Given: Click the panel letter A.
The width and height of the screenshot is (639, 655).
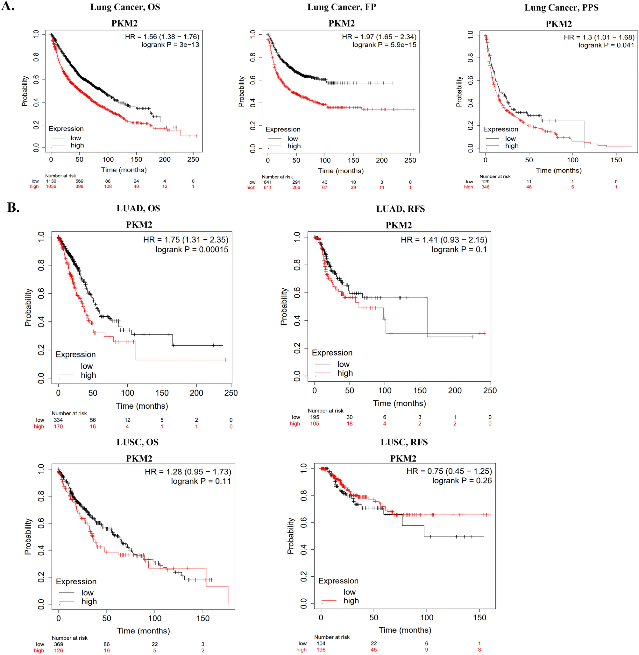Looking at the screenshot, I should (x=7, y=6).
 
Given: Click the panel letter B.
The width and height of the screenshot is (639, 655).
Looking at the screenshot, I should (x=13, y=208).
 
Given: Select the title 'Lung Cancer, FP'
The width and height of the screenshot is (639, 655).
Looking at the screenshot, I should (x=341, y=7).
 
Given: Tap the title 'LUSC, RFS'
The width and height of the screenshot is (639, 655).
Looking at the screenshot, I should (x=404, y=442).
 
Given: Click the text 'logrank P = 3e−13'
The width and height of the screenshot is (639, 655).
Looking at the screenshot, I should (x=170, y=45).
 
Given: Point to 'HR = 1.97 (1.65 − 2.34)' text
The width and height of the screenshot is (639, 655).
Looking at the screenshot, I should (x=379, y=37).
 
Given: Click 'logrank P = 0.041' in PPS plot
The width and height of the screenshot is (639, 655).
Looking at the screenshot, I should (x=606, y=45).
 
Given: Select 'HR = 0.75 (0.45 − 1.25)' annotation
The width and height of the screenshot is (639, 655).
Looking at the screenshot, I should (x=449, y=471).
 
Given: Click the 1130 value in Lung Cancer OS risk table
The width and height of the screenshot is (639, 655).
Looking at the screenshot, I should (x=51, y=181).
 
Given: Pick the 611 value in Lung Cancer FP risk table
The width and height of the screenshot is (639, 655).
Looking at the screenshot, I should (x=267, y=187).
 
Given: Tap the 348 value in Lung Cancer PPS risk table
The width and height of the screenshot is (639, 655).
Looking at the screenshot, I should (x=485, y=187).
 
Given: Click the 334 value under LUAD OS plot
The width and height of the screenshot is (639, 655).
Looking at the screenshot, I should (x=58, y=420).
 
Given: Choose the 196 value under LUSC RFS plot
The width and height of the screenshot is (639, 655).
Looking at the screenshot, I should (x=321, y=650).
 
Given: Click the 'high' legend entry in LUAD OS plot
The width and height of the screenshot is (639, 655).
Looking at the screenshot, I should (x=88, y=375).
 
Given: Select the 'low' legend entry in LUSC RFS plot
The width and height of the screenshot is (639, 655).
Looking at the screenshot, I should (x=349, y=592).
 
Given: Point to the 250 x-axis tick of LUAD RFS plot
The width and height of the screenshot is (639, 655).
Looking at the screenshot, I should (x=490, y=390).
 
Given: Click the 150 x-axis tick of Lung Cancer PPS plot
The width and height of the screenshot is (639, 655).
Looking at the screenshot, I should (x=616, y=160).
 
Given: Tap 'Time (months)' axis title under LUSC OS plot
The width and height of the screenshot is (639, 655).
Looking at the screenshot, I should (x=143, y=630).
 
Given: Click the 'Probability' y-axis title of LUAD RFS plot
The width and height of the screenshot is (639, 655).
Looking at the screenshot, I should (x=284, y=306).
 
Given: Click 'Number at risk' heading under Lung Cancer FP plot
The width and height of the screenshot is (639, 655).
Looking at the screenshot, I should (x=277, y=177).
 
